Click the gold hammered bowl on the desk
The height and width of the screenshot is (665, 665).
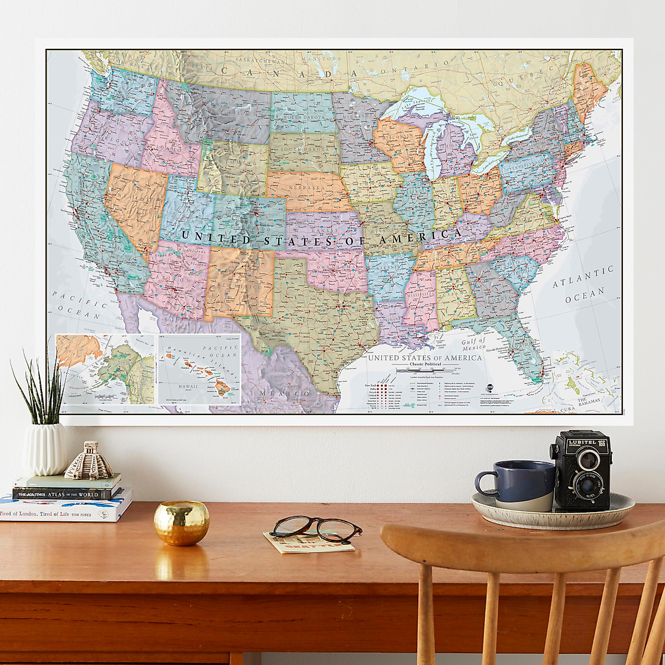(181, 522)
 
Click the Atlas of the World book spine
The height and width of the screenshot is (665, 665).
(66, 494)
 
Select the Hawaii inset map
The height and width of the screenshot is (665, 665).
(198, 369)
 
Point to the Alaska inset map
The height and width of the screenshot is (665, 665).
(105, 369)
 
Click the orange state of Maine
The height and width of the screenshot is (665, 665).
(591, 89)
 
